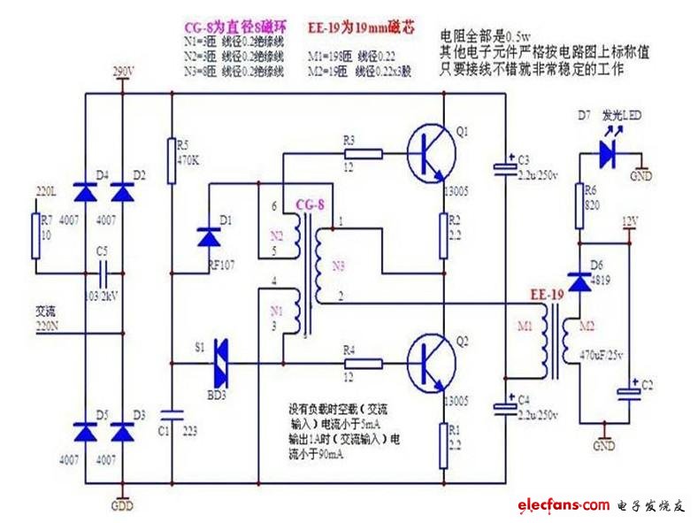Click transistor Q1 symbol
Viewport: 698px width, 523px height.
point(432,150)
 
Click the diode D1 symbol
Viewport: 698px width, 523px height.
point(210,236)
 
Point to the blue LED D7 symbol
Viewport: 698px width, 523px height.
point(606,153)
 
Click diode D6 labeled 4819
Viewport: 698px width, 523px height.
point(579,281)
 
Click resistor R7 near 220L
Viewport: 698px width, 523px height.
point(36,231)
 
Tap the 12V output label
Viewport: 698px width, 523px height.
point(629,220)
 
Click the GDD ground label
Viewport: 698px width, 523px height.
point(122,507)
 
